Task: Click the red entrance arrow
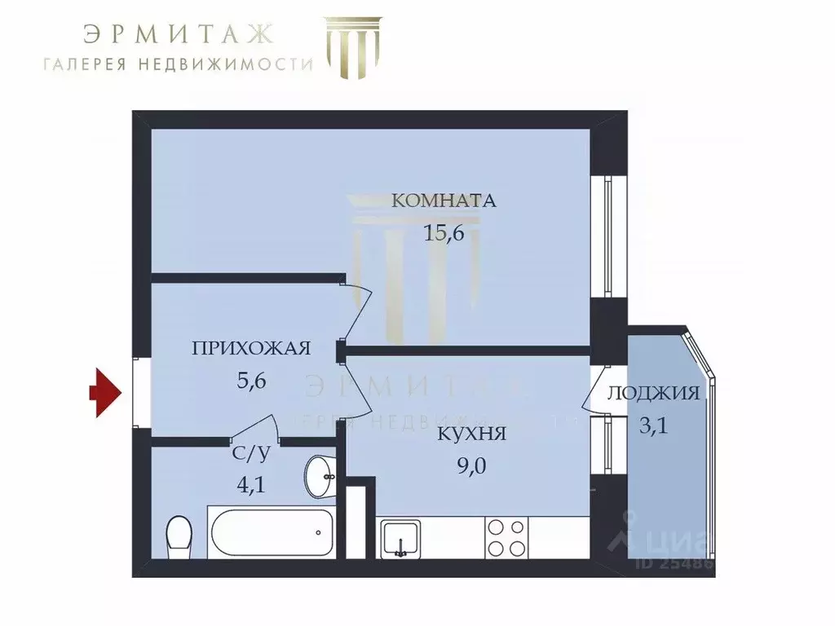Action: tap(104, 395)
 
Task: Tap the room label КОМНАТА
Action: tap(444, 201)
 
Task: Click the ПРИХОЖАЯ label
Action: tap(251, 349)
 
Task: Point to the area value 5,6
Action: tap(251, 381)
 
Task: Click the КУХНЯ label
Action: tap(472, 434)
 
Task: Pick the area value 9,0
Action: tap(472, 466)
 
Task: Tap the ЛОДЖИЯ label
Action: tap(653, 394)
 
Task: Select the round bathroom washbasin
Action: tap(320, 475)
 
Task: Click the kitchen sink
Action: tap(401, 537)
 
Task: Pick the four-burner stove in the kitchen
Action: tap(506, 537)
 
